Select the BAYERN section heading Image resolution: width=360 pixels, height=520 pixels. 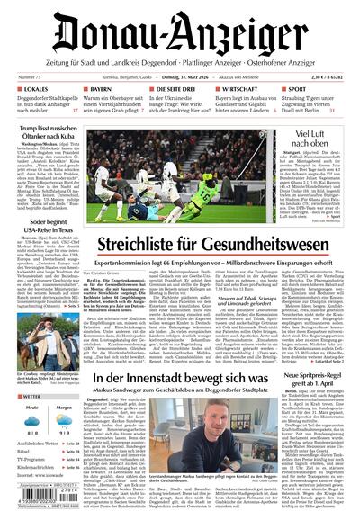(x=103, y=90)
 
